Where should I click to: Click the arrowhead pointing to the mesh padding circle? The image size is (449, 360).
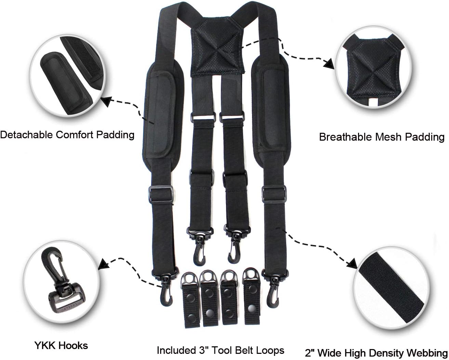coord(329,64)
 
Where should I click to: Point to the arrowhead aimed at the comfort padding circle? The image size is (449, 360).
coord(107,101)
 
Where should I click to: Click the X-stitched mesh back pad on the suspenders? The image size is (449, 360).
coord(217,48)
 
